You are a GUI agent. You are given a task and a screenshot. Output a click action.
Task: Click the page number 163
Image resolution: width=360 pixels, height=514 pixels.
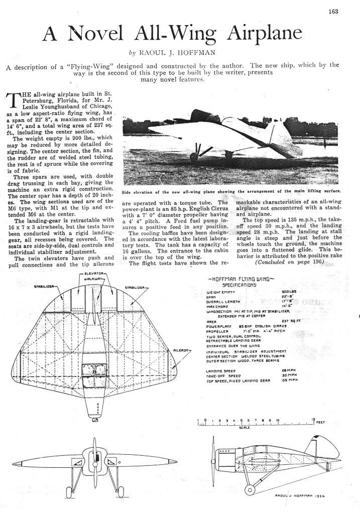334,12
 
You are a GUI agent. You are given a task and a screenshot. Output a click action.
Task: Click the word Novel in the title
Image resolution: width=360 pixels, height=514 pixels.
94,34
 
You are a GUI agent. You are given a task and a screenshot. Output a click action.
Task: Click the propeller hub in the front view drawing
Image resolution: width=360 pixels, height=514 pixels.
94,458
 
